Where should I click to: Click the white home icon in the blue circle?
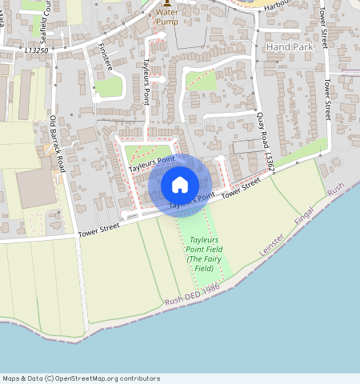point(180,186)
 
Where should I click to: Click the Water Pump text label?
point(167,17)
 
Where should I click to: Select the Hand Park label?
point(289,47)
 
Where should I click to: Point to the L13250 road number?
point(36,50)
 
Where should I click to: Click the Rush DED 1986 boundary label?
point(192,298)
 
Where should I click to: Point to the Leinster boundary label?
point(272,242)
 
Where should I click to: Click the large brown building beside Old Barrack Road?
point(35,188)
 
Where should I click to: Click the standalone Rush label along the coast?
point(335,190)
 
